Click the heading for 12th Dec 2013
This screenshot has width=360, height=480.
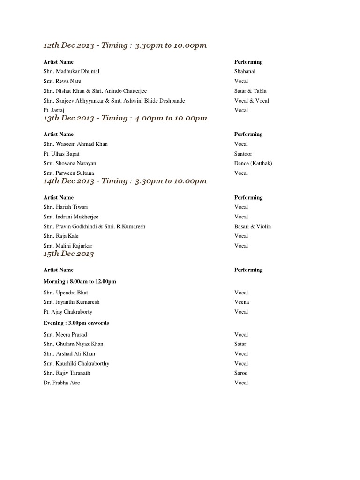[125, 45]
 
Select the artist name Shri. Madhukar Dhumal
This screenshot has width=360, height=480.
[71, 72]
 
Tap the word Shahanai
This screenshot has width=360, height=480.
[245, 72]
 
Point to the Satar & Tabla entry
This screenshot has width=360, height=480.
[250, 91]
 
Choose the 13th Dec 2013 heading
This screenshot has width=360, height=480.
[125, 118]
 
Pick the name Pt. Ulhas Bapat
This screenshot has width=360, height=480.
[61, 154]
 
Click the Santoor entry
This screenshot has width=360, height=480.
[243, 154]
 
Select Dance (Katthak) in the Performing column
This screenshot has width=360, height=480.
[253, 163]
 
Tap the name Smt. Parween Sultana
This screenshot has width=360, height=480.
[68, 173]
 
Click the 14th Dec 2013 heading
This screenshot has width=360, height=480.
[125, 181]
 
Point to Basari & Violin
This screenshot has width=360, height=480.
[253, 226]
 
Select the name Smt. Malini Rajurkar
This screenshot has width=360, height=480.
[68, 246]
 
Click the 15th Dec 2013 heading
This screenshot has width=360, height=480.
[68, 254]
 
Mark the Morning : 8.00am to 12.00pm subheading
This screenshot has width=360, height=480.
[80, 281]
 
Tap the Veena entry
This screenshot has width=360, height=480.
[242, 302]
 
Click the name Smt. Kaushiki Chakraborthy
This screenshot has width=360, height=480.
[76, 363]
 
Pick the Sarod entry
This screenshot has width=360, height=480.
[241, 373]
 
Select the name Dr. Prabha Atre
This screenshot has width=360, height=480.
[62, 382]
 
